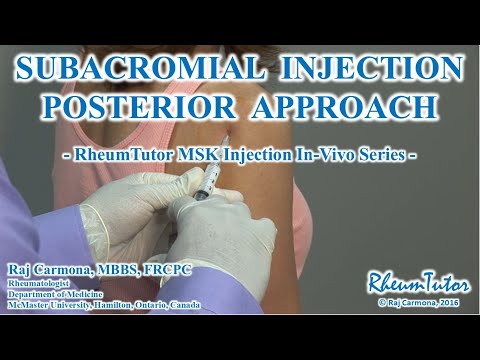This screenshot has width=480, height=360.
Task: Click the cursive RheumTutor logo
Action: point(418,283)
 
